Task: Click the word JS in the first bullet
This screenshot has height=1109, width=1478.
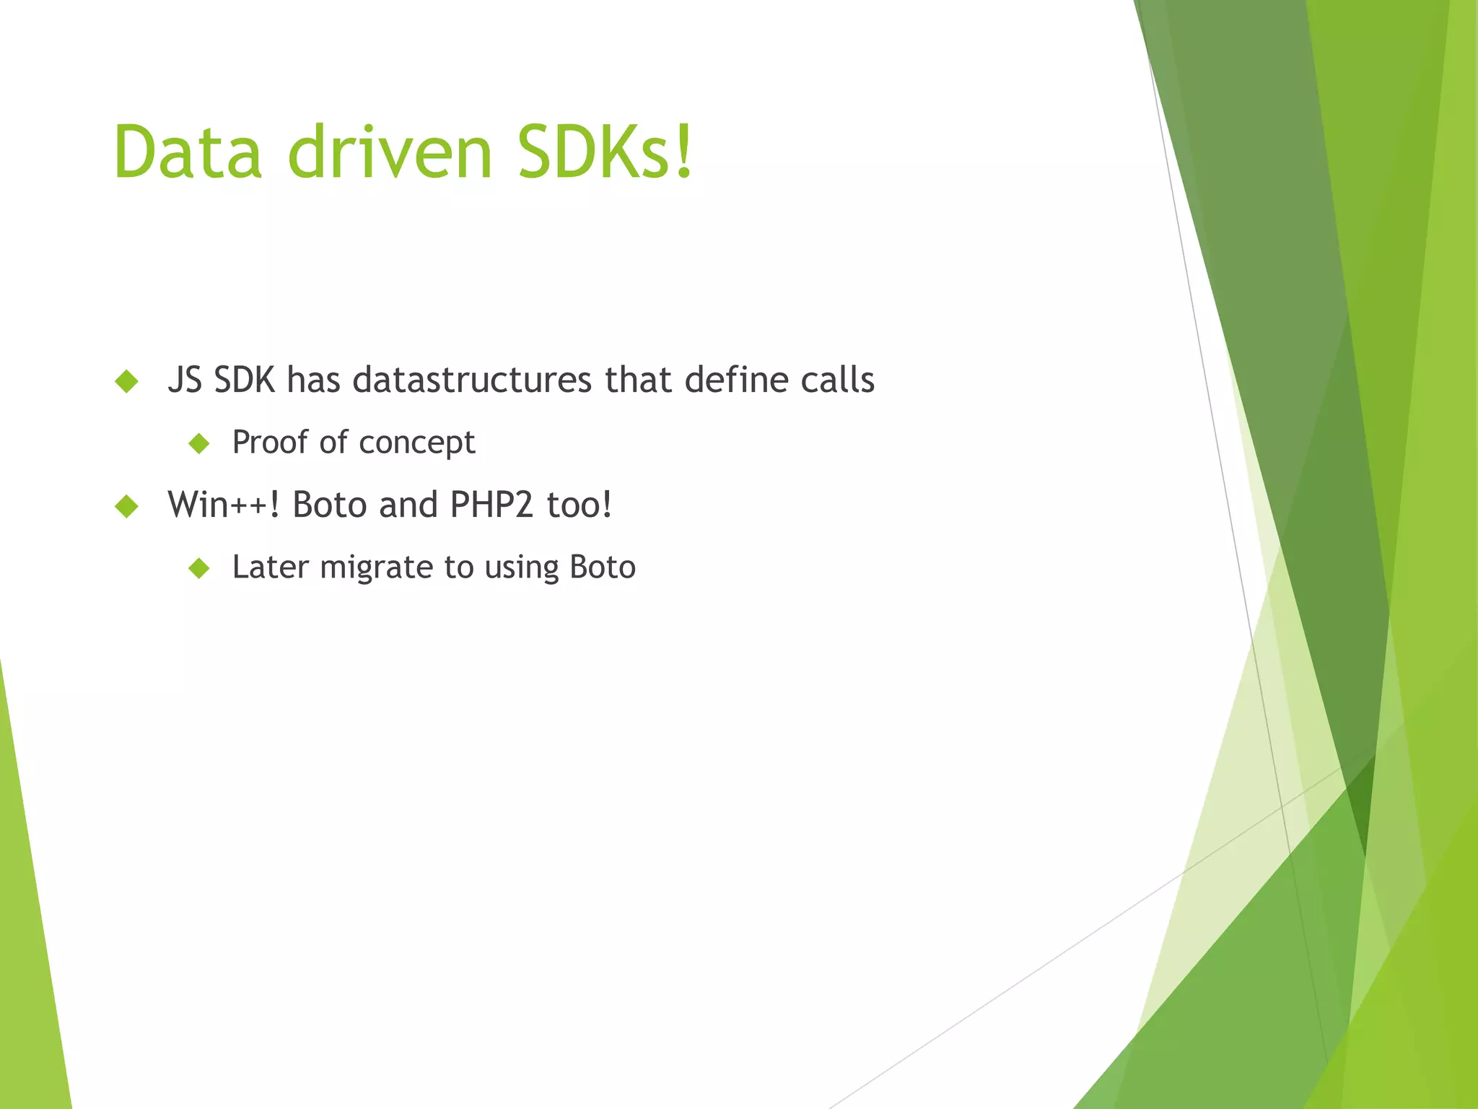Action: [x=185, y=380]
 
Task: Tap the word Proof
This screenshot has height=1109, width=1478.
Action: [x=270, y=442]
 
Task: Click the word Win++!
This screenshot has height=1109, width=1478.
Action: [x=224, y=504]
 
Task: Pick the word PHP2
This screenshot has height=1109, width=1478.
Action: [x=491, y=504]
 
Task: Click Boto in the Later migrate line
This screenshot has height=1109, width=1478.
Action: [x=603, y=567]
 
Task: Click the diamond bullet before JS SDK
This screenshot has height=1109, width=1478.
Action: [x=126, y=381]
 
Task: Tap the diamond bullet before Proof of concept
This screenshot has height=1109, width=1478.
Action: [x=198, y=443]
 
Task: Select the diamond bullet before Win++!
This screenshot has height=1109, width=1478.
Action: [x=126, y=505]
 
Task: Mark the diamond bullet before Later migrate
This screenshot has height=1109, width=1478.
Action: [x=198, y=568]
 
